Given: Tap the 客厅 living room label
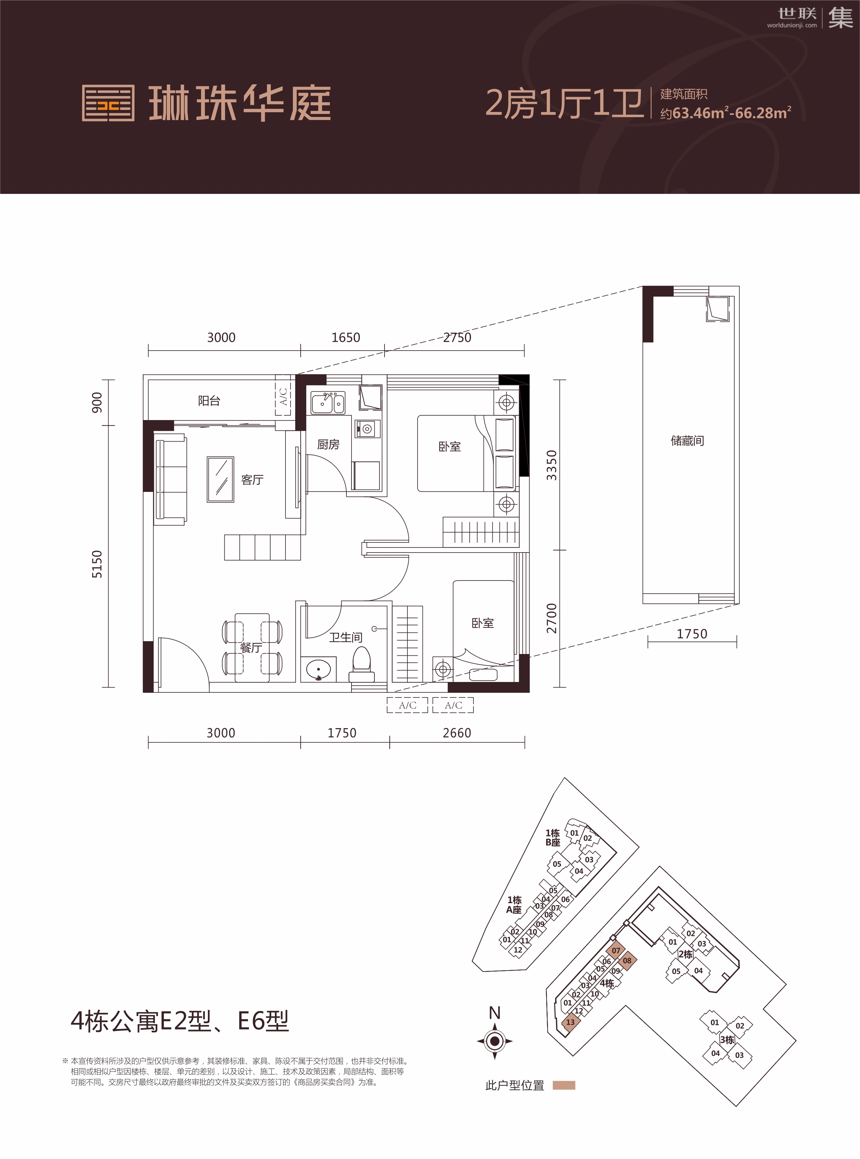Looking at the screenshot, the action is click(252, 479).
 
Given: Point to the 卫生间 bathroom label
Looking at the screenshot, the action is click(346, 637).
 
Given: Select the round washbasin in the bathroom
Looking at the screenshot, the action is click(318, 669).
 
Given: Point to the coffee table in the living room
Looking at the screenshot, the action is click(220, 479).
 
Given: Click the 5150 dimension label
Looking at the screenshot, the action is click(97, 564).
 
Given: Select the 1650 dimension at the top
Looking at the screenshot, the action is click(346, 337).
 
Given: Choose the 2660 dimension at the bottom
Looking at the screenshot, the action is click(457, 733).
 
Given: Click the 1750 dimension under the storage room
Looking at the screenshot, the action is click(692, 634).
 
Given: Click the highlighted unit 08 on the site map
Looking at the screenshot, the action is click(627, 961).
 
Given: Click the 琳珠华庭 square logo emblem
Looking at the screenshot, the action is click(108, 103).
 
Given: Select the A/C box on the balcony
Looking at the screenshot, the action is click(283, 397).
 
